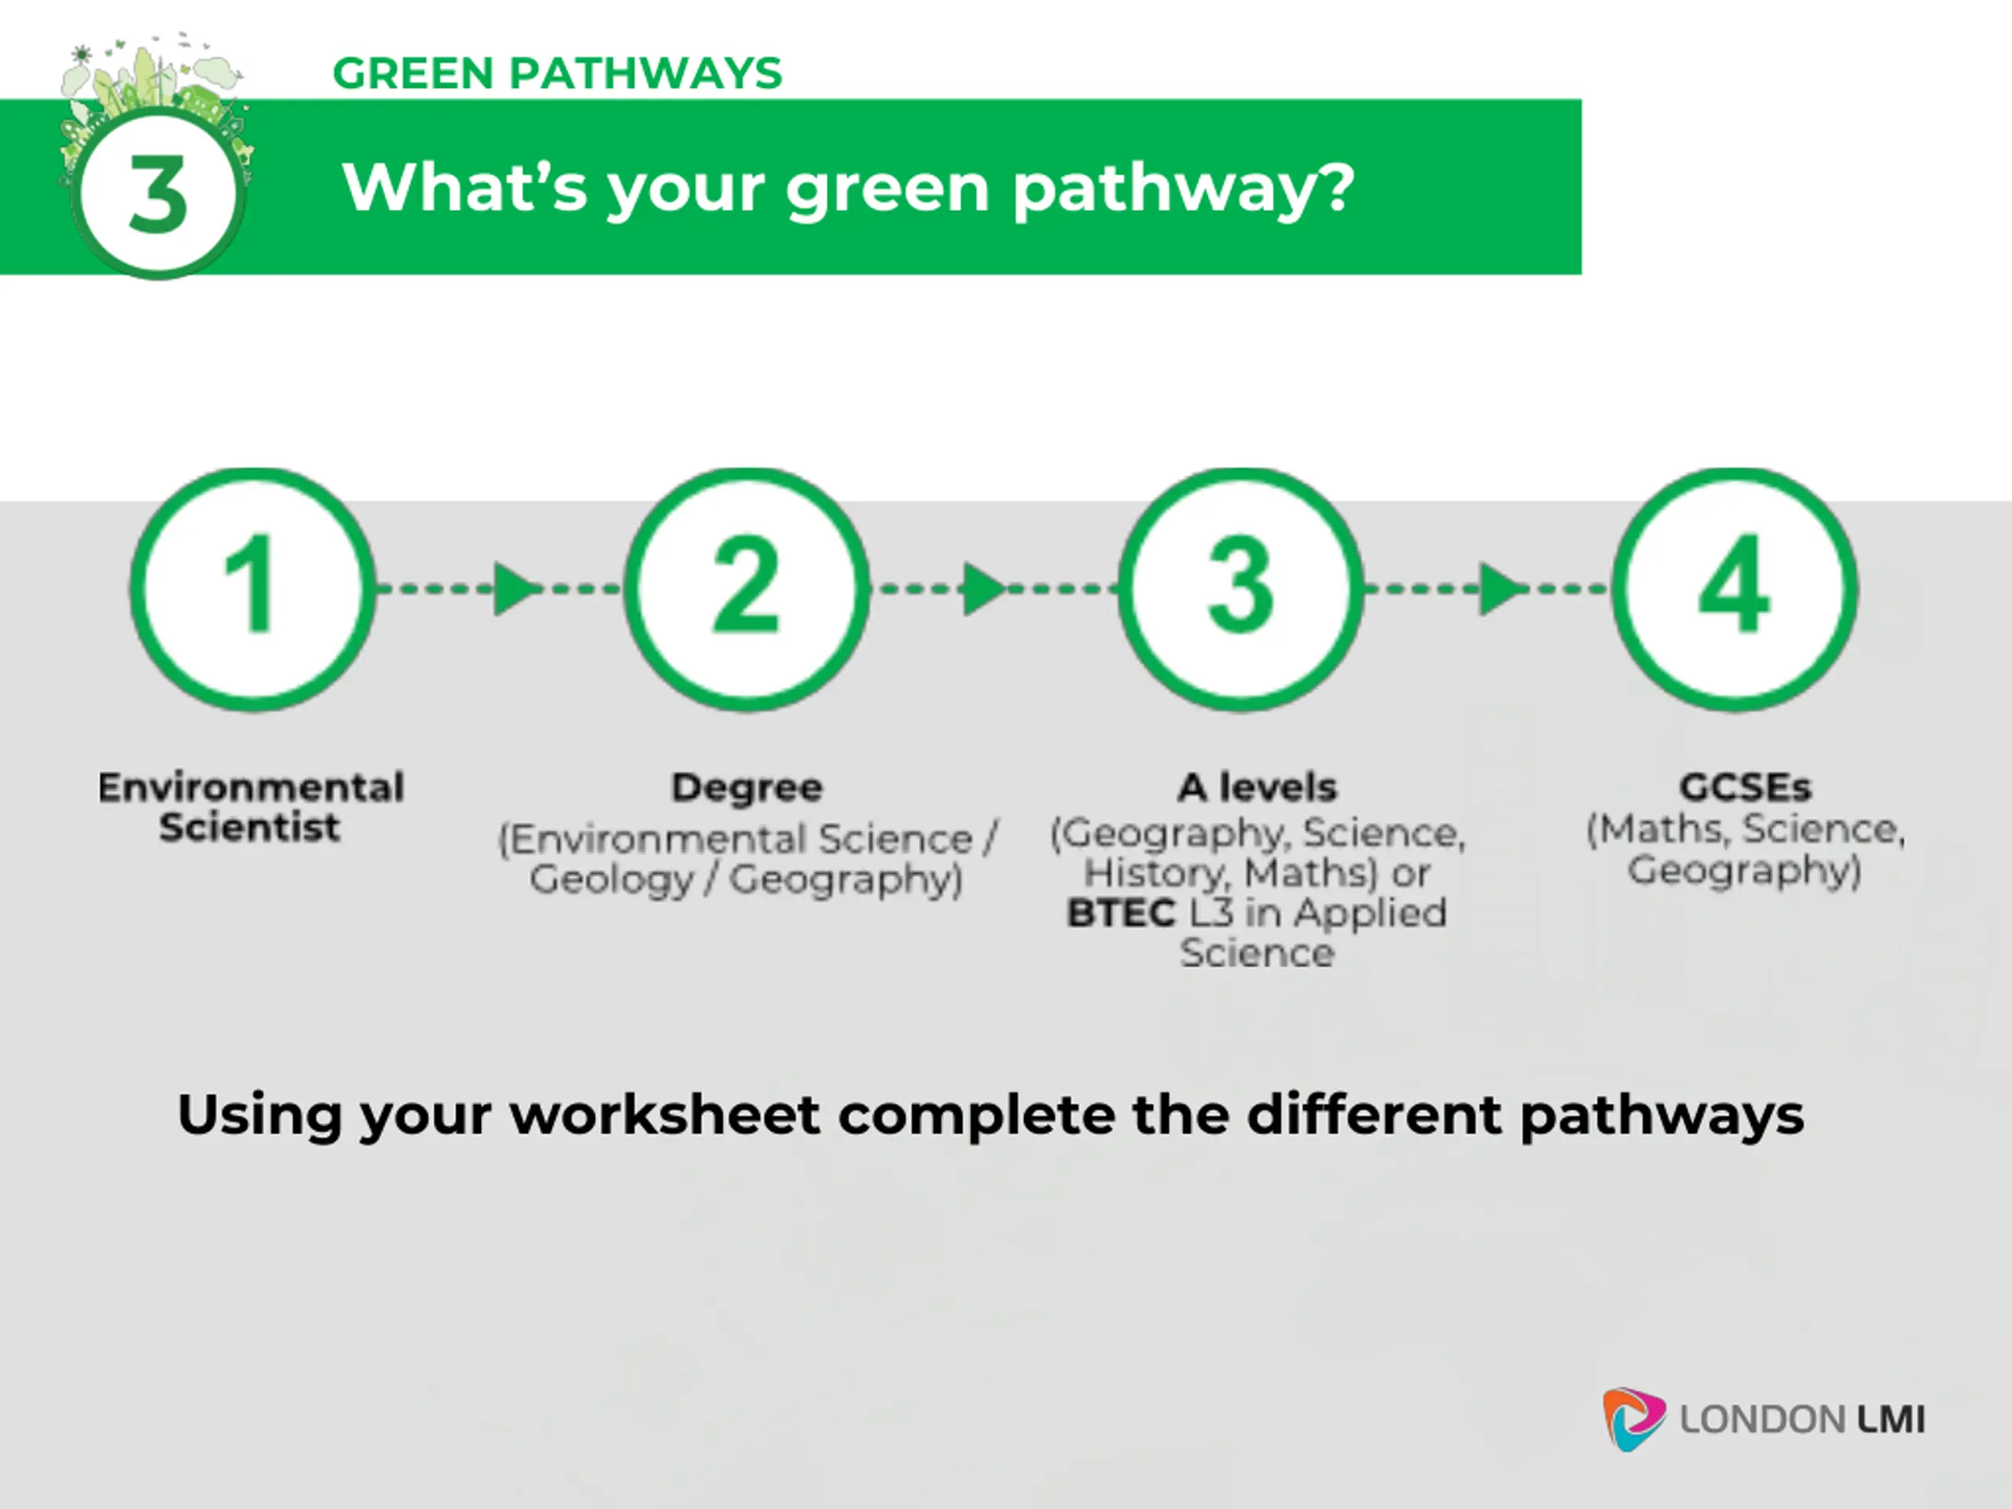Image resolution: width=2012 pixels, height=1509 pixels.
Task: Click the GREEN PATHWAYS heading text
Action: (556, 74)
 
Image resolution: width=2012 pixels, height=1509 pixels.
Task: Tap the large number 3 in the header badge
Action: (158, 193)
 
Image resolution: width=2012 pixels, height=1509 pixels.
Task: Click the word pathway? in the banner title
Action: (1184, 189)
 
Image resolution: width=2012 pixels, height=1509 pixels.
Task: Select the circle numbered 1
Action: (252, 589)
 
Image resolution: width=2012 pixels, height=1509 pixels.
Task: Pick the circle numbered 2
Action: (746, 589)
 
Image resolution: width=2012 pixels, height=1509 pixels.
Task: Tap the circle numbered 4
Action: (1735, 589)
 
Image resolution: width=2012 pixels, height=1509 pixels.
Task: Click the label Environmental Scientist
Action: (251, 807)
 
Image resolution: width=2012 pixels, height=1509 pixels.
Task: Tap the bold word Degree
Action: (747, 788)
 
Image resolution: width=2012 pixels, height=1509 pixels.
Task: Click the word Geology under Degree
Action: (611, 879)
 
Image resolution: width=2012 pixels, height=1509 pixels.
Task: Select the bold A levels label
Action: (1257, 788)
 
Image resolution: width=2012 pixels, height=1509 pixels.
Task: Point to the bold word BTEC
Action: (1121, 913)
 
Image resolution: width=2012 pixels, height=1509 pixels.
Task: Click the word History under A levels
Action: (1153, 873)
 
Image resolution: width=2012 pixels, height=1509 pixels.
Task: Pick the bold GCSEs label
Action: (1745, 787)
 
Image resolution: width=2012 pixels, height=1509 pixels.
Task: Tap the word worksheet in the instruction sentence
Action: (665, 1115)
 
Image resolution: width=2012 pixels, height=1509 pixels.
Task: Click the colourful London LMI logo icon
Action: (1632, 1418)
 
